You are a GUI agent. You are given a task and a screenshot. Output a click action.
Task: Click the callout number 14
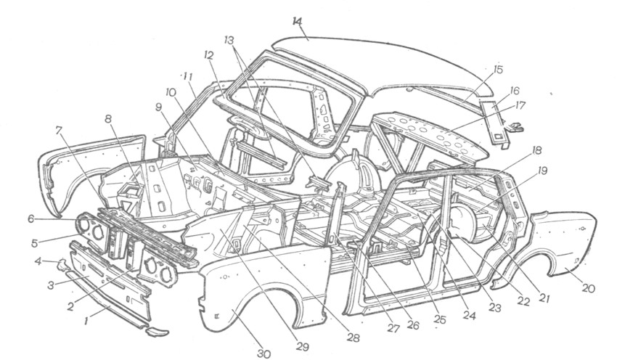pos(296,21)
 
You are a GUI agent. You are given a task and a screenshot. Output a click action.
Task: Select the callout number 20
pos(587,288)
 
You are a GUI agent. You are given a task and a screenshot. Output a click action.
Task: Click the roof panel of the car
pos(392,62)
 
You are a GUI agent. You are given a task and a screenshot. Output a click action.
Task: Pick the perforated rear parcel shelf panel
pos(436,134)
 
